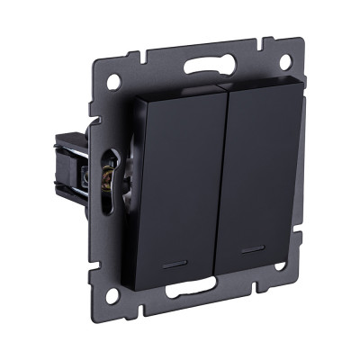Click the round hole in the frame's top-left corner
(113, 81)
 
